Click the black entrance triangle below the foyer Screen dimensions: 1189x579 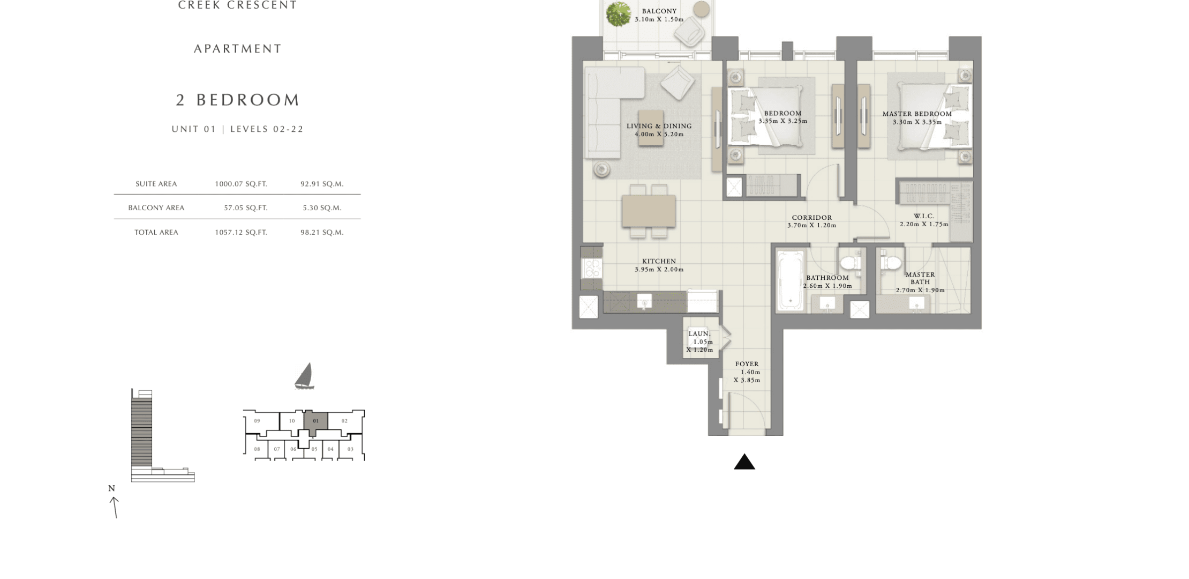pyautogui.click(x=744, y=462)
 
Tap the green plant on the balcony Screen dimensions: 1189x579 pyautogui.click(x=618, y=13)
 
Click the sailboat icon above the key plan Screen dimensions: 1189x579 pyautogui.click(x=304, y=376)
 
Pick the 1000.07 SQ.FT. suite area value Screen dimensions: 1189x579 pyautogui.click(x=241, y=184)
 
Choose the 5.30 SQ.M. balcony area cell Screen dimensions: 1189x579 pyautogui.click(x=322, y=208)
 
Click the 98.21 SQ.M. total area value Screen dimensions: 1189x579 pyautogui.click(x=322, y=233)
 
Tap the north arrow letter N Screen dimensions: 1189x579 pyautogui.click(x=111, y=488)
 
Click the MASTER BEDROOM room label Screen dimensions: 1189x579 pyautogui.click(x=917, y=114)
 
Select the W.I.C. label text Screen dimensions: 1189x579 pyautogui.click(x=924, y=216)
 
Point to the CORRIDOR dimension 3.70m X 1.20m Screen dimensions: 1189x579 pyautogui.click(x=811, y=226)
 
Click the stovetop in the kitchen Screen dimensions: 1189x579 pyautogui.click(x=592, y=268)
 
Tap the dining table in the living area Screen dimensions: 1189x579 pyautogui.click(x=648, y=211)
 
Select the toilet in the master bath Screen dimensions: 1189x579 pyautogui.click(x=890, y=262)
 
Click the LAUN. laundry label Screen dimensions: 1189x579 pyautogui.click(x=699, y=334)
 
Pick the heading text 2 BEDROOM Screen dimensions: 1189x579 pyautogui.click(x=238, y=100)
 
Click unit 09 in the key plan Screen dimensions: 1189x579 pyautogui.click(x=257, y=421)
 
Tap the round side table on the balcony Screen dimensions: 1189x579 pyautogui.click(x=701, y=9)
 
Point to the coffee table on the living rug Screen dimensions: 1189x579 pyautogui.click(x=651, y=129)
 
